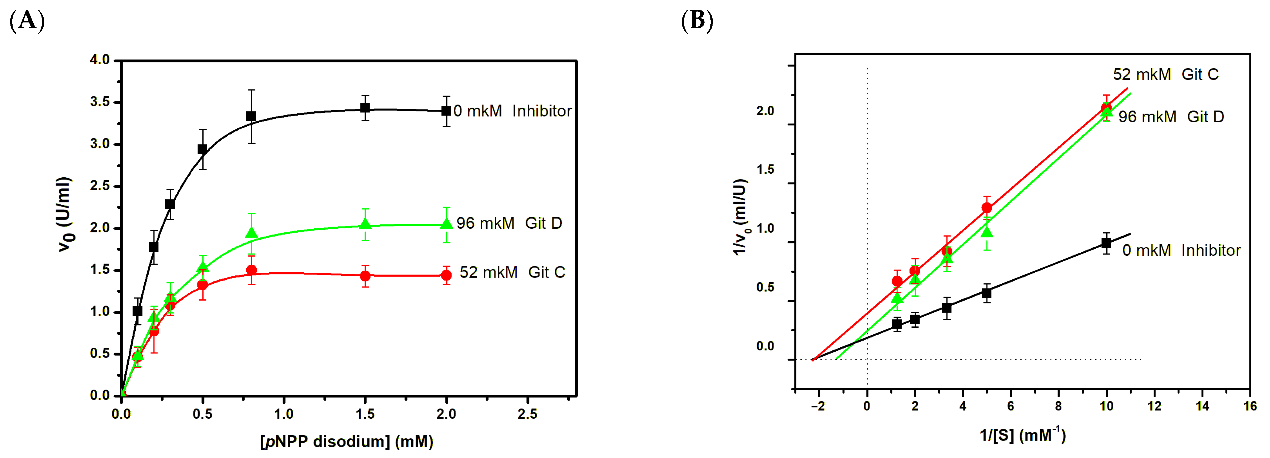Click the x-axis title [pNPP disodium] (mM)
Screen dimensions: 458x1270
coord(346,441)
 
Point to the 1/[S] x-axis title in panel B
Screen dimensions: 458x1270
coord(1022,435)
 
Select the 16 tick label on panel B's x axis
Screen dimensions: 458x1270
coord(1250,406)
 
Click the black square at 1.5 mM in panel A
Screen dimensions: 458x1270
coord(365,108)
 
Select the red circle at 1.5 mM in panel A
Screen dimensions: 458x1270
coord(365,276)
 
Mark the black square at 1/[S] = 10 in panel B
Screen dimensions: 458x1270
coord(1106,243)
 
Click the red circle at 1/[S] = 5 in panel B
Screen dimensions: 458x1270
coord(987,208)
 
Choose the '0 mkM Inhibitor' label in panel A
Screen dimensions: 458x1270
coord(512,111)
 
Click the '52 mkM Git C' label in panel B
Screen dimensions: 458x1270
coord(1166,74)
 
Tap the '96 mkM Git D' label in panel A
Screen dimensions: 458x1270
coord(509,223)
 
